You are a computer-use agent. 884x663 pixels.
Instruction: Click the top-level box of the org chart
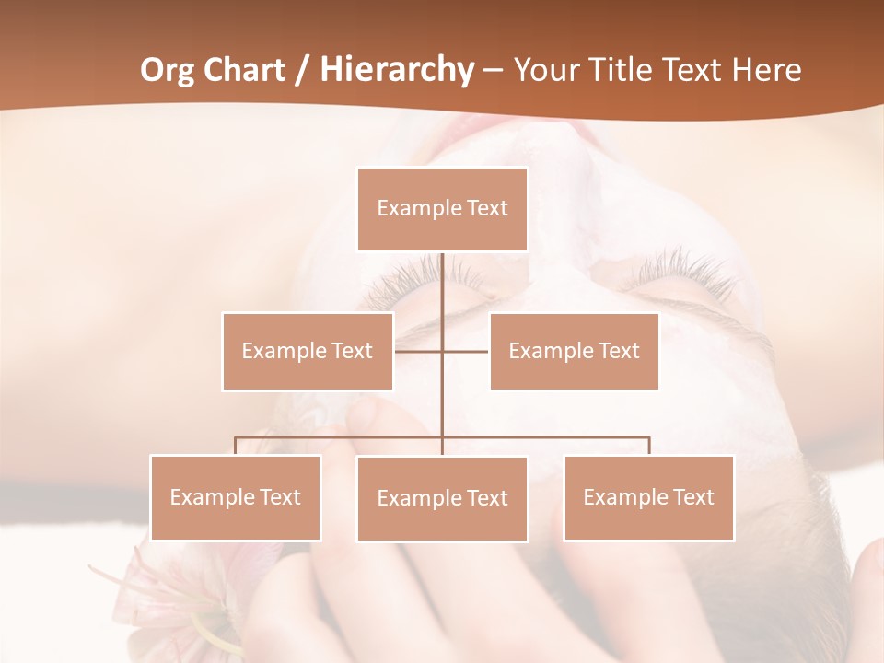click(442, 209)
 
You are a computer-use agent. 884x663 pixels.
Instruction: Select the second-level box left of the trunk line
click(308, 351)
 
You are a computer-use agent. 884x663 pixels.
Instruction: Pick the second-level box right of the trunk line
click(574, 351)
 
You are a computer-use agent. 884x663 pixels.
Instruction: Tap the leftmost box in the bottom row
click(236, 497)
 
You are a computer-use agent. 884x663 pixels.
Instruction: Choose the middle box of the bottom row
click(442, 498)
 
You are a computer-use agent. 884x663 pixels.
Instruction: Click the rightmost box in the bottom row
click(648, 497)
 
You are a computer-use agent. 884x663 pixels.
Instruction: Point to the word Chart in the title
click(242, 70)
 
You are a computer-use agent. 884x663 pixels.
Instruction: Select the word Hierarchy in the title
click(396, 70)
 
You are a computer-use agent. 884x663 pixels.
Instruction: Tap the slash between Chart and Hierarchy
click(301, 70)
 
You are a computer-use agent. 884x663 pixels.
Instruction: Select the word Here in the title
click(766, 70)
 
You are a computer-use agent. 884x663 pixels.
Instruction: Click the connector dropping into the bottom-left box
click(236, 446)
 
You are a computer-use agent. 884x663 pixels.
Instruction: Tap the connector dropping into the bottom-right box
click(649, 446)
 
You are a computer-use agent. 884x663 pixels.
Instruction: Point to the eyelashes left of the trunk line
click(410, 274)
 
